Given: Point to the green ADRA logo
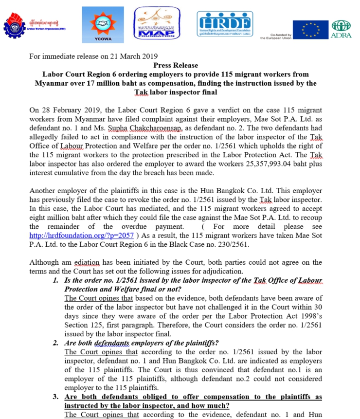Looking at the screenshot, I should tap(341, 29).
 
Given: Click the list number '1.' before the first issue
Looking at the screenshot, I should tap(56, 281).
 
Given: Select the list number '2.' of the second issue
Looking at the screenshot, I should tap(56, 343).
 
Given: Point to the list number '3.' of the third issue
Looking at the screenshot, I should tap(56, 396).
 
